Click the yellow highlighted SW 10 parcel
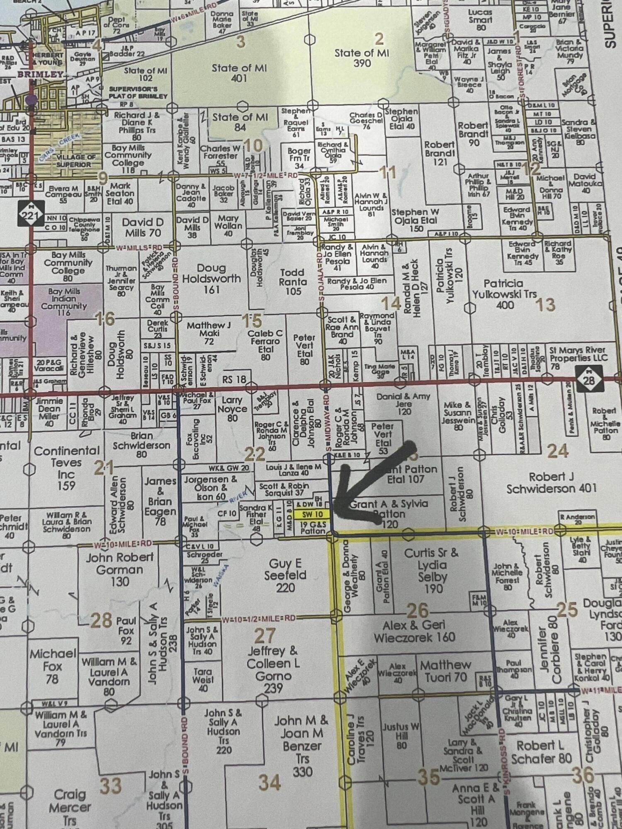pos(312,514)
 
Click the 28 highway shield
pos(588,380)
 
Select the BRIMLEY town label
pos(40,75)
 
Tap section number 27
pos(265,635)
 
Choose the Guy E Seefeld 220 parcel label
pos(285,575)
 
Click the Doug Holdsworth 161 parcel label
pos(211,279)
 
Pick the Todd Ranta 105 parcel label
pos(293,282)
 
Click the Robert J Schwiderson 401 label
pos(551,483)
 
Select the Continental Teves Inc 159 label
pos(66,468)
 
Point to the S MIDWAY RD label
pos(328,424)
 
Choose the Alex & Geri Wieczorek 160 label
pos(414,631)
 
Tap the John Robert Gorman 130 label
pos(119,570)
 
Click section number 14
pos(391,303)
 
